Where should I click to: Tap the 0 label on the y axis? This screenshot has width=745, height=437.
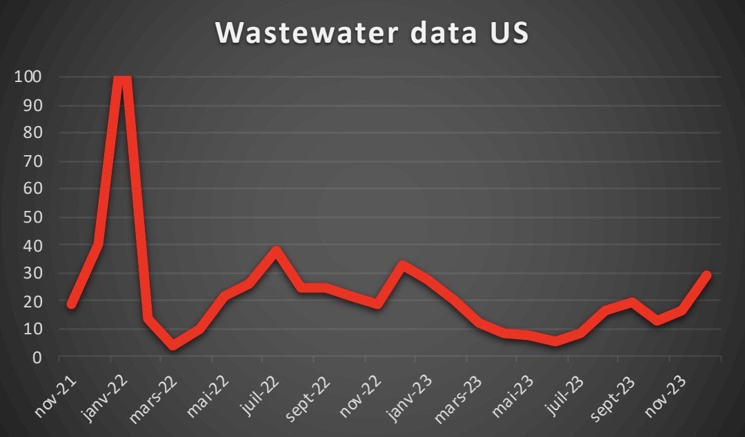[37, 357]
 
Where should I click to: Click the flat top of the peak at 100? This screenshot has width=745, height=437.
[122, 80]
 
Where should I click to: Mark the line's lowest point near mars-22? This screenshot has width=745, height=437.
[172, 345]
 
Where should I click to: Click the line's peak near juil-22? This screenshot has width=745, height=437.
[275, 250]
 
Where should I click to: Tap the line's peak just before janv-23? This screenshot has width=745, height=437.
[402, 265]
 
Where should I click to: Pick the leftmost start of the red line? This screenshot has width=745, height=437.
[71, 304]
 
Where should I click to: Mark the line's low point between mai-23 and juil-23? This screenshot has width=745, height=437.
[555, 341]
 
